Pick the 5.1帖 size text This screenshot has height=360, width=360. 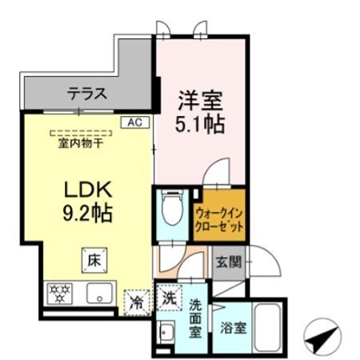[199, 126]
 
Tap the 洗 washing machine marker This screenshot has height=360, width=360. [169, 296]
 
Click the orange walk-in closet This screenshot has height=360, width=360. [218, 214]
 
